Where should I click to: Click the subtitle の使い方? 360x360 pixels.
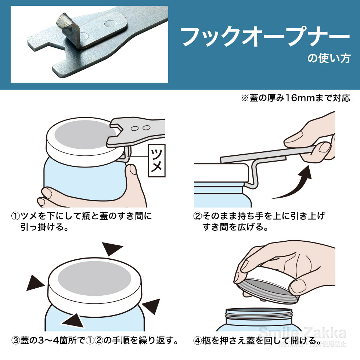point(329,59)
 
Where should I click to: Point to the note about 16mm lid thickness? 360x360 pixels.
point(295,98)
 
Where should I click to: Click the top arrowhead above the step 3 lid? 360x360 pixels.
point(113,250)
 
